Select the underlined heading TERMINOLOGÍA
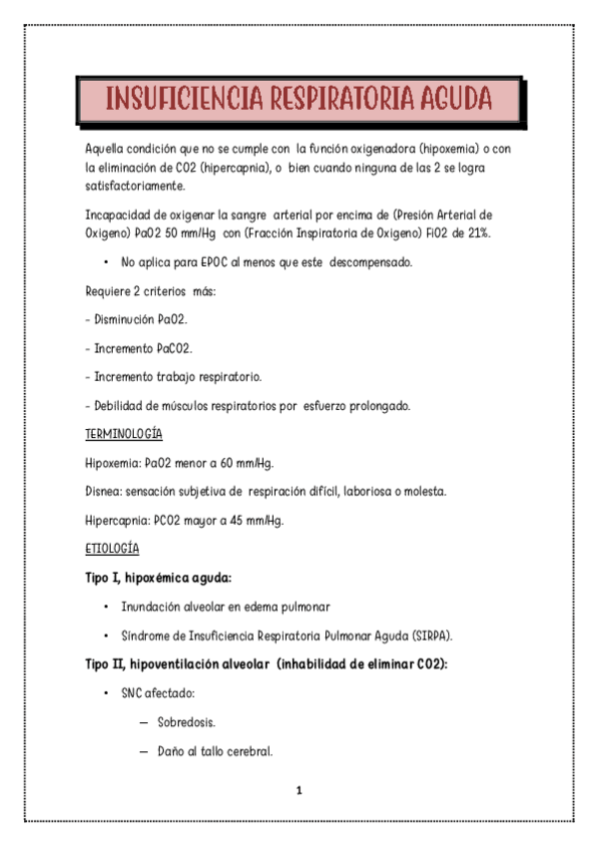[x=124, y=435]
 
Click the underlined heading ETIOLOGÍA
[x=112, y=549]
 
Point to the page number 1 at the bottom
[x=299, y=791]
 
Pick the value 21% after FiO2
[x=476, y=231]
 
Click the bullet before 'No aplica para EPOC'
[x=105, y=261]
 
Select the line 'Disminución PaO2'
[x=139, y=319]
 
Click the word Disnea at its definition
[x=104, y=492]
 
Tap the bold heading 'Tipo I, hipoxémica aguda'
[x=159, y=577]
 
